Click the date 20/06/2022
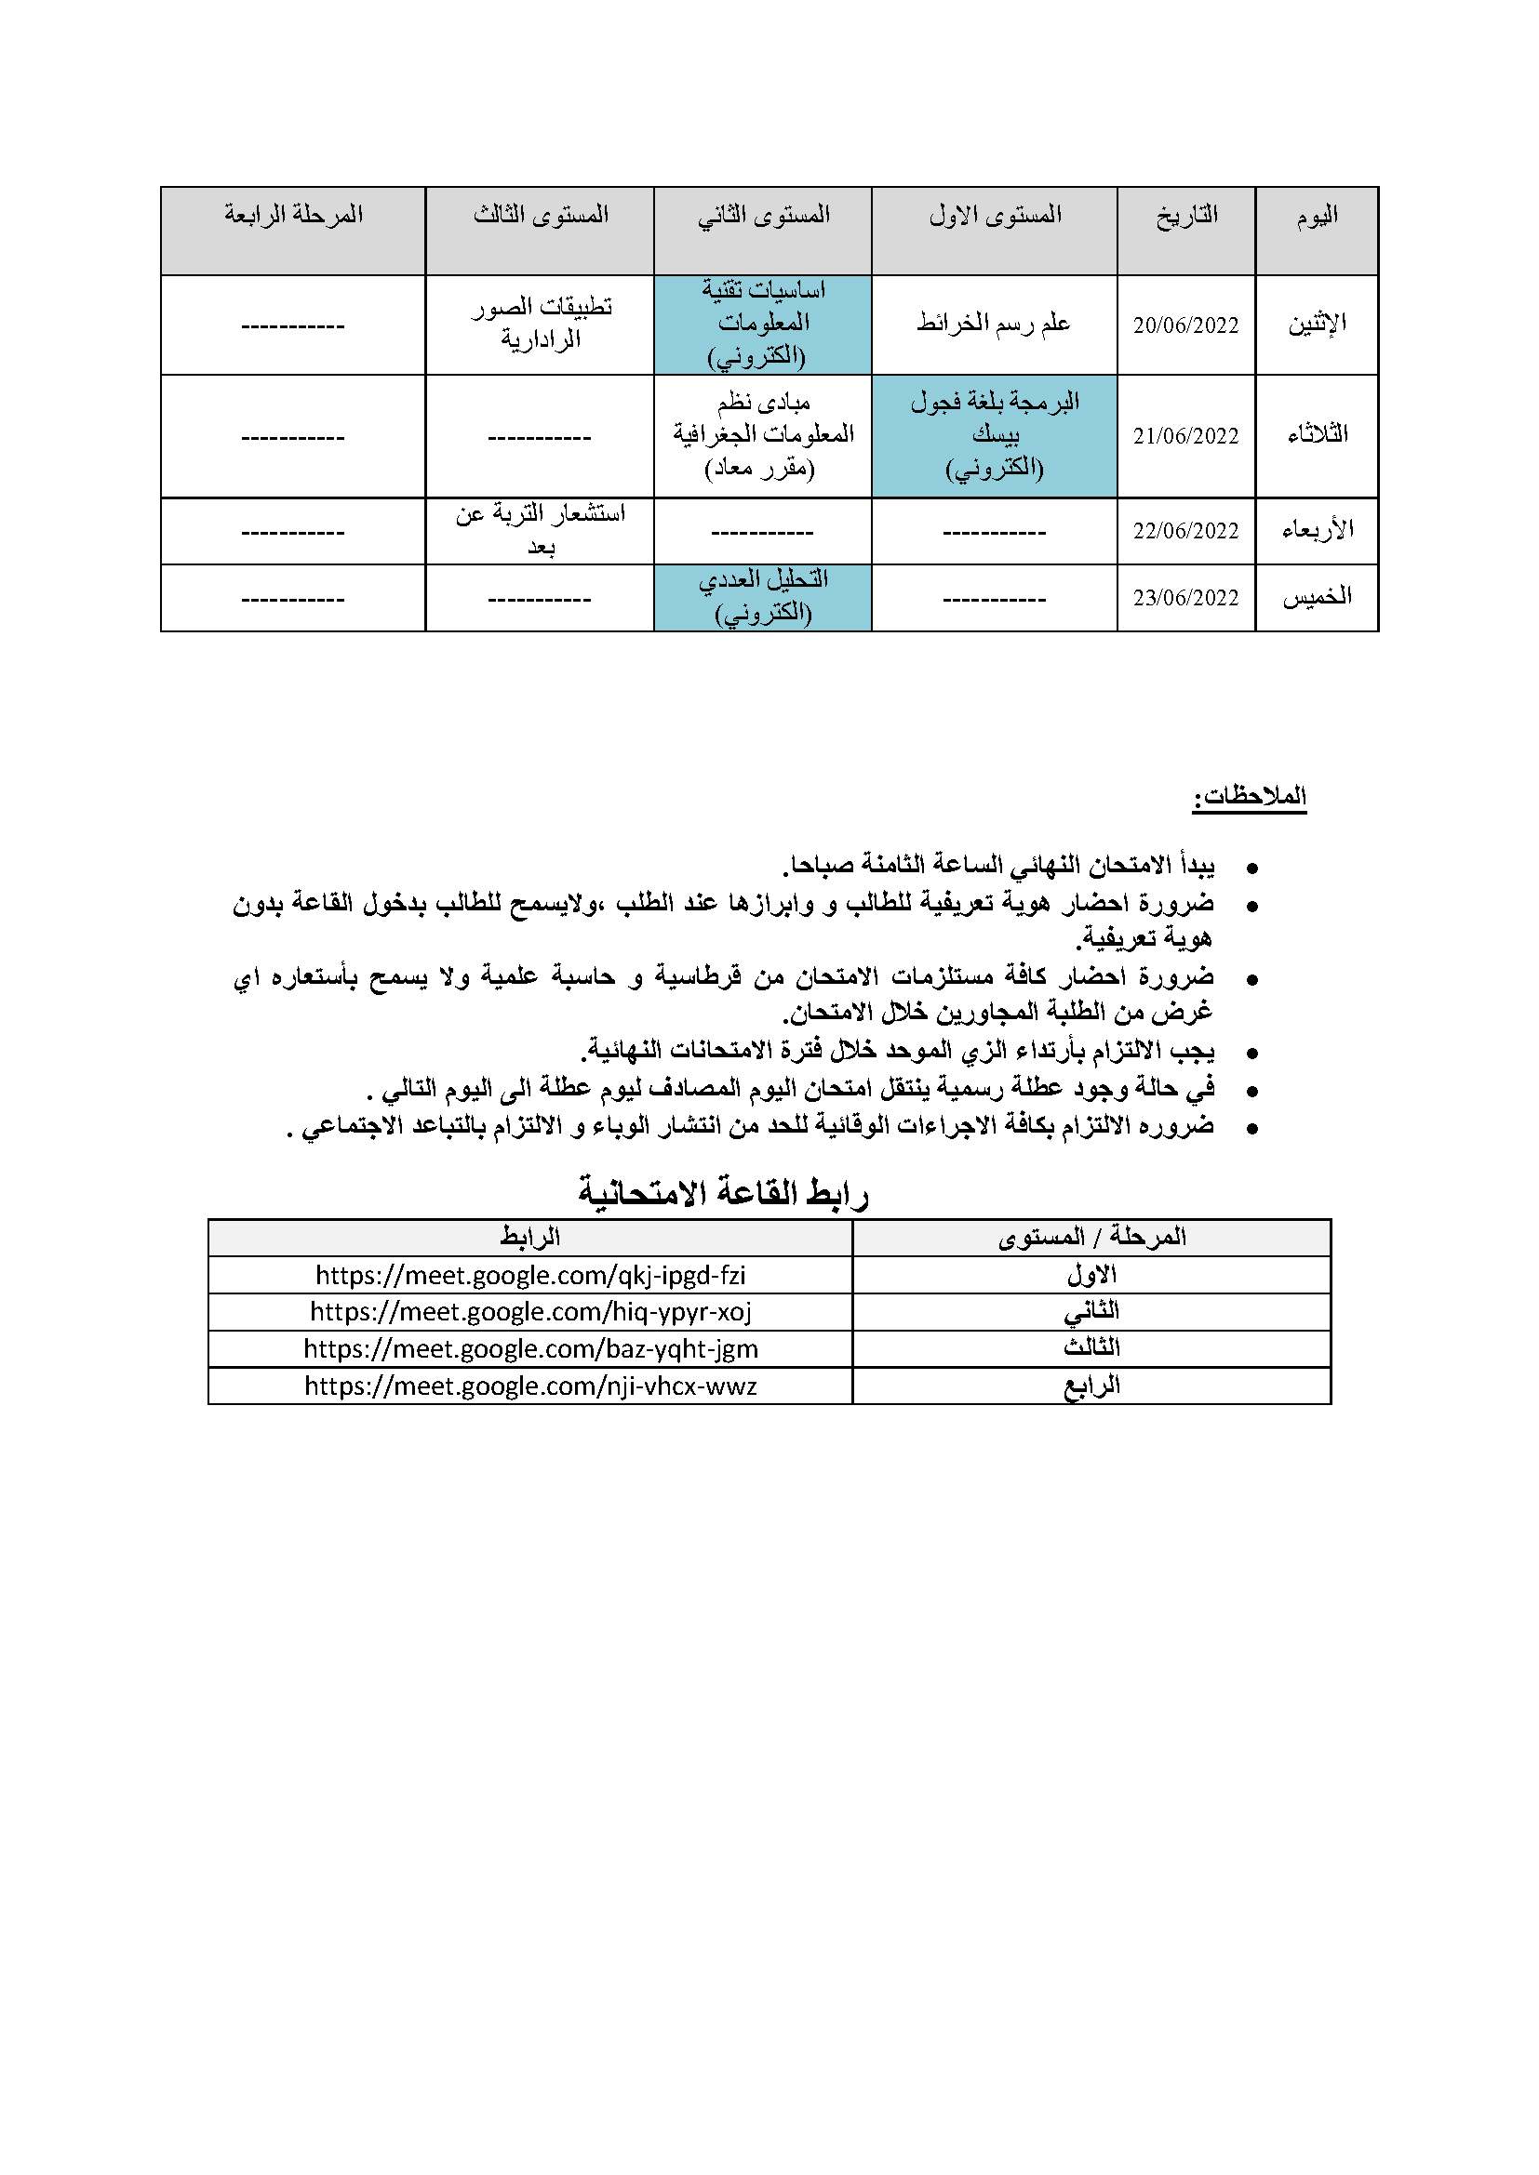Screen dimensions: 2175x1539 (x=1185, y=325)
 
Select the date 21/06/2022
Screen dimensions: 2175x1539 (x=1185, y=437)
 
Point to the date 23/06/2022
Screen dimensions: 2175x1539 (x=1185, y=599)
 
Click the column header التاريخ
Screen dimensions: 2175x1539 (x=1186, y=216)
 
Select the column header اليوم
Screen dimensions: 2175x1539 (x=1317, y=216)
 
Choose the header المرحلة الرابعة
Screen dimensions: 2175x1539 (x=294, y=215)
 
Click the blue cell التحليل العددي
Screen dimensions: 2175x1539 (x=763, y=597)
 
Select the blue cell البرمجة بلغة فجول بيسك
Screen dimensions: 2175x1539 (x=994, y=436)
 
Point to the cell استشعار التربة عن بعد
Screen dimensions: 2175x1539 (x=541, y=530)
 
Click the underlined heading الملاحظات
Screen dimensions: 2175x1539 (x=1249, y=797)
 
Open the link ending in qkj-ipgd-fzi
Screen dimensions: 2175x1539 (x=530, y=1276)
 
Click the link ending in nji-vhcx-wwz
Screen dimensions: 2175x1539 (x=530, y=1386)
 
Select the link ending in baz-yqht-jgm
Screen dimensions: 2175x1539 (x=530, y=1350)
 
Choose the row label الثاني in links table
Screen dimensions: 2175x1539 (x=1091, y=1312)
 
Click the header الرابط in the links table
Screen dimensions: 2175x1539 (x=530, y=1237)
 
